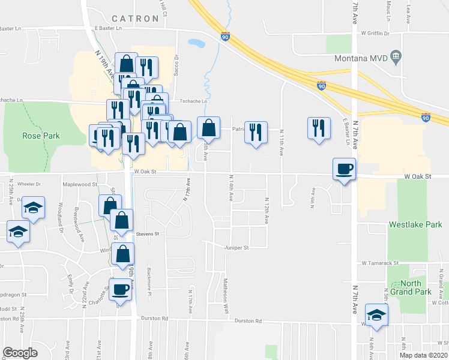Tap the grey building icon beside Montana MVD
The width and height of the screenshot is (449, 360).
(x=396, y=58)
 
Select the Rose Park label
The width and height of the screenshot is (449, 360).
(x=41, y=136)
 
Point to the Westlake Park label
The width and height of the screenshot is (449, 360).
(x=415, y=225)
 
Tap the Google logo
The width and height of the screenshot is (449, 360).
(x=20, y=352)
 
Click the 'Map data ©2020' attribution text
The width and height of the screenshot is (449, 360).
(x=424, y=355)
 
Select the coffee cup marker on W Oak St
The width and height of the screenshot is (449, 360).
(x=345, y=168)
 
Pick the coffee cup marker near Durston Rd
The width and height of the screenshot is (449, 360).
(x=121, y=289)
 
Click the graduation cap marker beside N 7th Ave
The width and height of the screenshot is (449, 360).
(x=377, y=314)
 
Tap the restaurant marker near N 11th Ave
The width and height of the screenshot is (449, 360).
(x=318, y=127)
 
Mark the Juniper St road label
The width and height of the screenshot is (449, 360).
(x=236, y=247)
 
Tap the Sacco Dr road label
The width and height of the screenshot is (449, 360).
(x=177, y=65)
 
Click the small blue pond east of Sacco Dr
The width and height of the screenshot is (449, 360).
(x=196, y=43)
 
